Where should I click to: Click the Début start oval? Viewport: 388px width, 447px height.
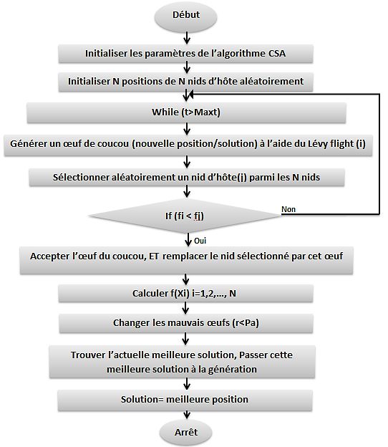click(185, 16)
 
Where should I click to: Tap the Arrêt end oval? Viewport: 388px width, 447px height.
click(185, 433)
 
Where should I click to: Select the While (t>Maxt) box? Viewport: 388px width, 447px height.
click(187, 112)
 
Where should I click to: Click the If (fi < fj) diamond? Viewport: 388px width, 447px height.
click(185, 216)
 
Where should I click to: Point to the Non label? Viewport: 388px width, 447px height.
click(288, 209)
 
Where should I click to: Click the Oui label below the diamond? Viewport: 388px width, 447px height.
click(200, 241)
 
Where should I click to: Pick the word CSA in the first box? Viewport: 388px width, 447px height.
click(277, 54)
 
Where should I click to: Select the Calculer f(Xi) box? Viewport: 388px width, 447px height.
click(185, 294)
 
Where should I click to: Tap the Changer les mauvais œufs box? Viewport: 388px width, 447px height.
click(186, 323)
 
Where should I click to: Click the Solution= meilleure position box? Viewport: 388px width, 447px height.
click(185, 400)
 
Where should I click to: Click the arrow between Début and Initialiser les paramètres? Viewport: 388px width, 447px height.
click(187, 38)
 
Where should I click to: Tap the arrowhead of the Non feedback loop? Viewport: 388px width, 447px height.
click(191, 94)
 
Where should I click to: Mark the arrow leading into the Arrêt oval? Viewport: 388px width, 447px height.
click(187, 415)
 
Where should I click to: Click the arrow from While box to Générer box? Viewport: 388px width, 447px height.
click(187, 129)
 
